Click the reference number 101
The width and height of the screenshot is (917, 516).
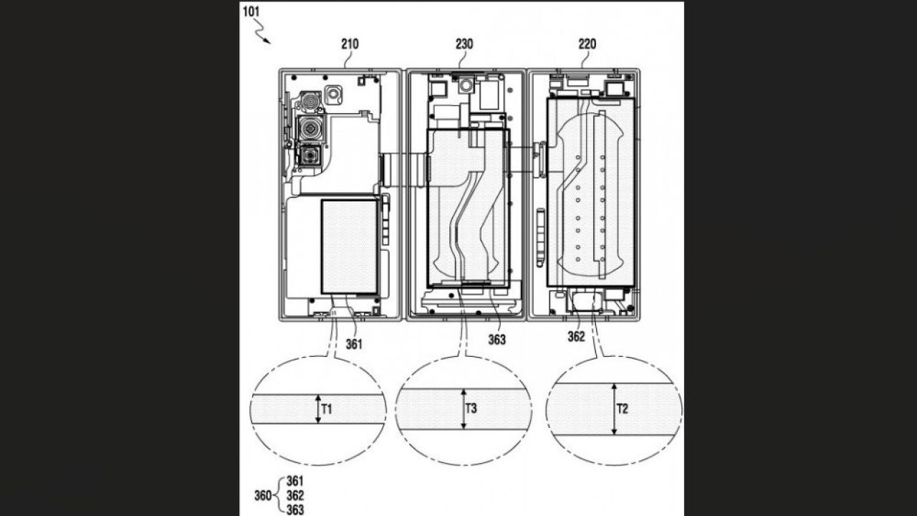[252, 11]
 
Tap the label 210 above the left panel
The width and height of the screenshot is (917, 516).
[350, 44]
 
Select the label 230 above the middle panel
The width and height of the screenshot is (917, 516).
[464, 44]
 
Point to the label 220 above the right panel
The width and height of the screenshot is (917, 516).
[587, 44]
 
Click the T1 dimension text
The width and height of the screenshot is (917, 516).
[327, 409]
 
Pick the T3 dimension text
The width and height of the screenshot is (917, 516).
[471, 409]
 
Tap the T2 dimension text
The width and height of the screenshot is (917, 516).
[623, 409]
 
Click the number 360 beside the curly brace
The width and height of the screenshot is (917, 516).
[263, 495]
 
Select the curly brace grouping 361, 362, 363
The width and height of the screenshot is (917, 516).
[280, 495]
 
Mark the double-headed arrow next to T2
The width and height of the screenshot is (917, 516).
[614, 409]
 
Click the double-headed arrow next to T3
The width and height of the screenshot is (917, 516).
[464, 409]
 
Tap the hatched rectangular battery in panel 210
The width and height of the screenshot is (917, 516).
[349, 247]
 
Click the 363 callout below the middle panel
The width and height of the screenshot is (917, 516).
[496, 339]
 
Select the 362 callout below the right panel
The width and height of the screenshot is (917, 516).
[577, 336]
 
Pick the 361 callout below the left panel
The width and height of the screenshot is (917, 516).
[354, 344]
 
